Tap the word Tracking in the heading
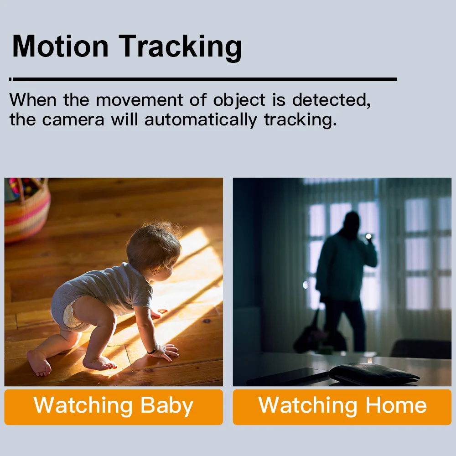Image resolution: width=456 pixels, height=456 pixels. point(180,48)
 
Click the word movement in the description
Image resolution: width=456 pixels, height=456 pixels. point(139,100)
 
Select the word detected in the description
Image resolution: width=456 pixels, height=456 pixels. point(331,100)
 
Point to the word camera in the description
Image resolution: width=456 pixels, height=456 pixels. point(73,120)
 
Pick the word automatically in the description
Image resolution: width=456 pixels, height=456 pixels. point(201,120)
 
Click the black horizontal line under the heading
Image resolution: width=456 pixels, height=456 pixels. point(203,79)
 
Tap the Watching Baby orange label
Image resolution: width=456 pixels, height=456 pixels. point(114,407)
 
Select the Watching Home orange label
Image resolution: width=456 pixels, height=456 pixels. point(342,407)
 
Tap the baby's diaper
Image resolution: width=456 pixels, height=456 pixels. point(70,315)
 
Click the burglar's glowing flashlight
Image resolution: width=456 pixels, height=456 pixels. point(368,236)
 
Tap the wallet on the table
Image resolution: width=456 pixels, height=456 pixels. point(374,373)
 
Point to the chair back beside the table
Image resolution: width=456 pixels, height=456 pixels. point(420,349)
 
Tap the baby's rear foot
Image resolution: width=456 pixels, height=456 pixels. point(39,362)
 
